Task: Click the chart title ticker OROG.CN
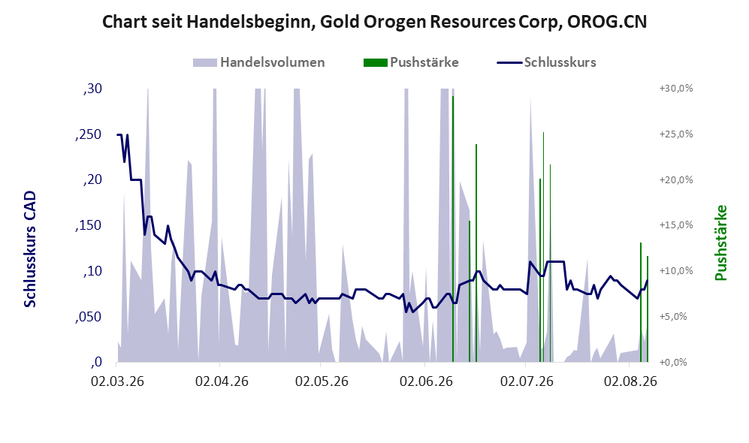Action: coord(607,22)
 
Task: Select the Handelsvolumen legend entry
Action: coord(259,62)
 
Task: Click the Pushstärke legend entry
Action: coord(411,62)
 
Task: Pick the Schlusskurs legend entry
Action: coord(546,62)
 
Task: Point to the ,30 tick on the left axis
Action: coord(92,89)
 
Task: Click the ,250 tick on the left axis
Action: coord(89,134)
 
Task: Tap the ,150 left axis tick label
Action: coord(89,226)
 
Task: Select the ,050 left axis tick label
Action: coord(89,317)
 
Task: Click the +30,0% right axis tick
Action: coord(676,89)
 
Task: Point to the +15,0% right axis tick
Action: coord(676,225)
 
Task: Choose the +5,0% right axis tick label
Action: coord(674,317)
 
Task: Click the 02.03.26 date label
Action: coord(117,381)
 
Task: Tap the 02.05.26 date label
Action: coord(322,381)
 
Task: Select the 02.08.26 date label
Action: coord(630,381)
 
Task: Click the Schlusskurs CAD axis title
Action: coord(30,249)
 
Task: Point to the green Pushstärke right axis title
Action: coord(720,243)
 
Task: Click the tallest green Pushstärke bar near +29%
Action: coord(453,229)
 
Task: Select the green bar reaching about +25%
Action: coord(544,247)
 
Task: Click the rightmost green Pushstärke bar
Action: coord(648,309)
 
